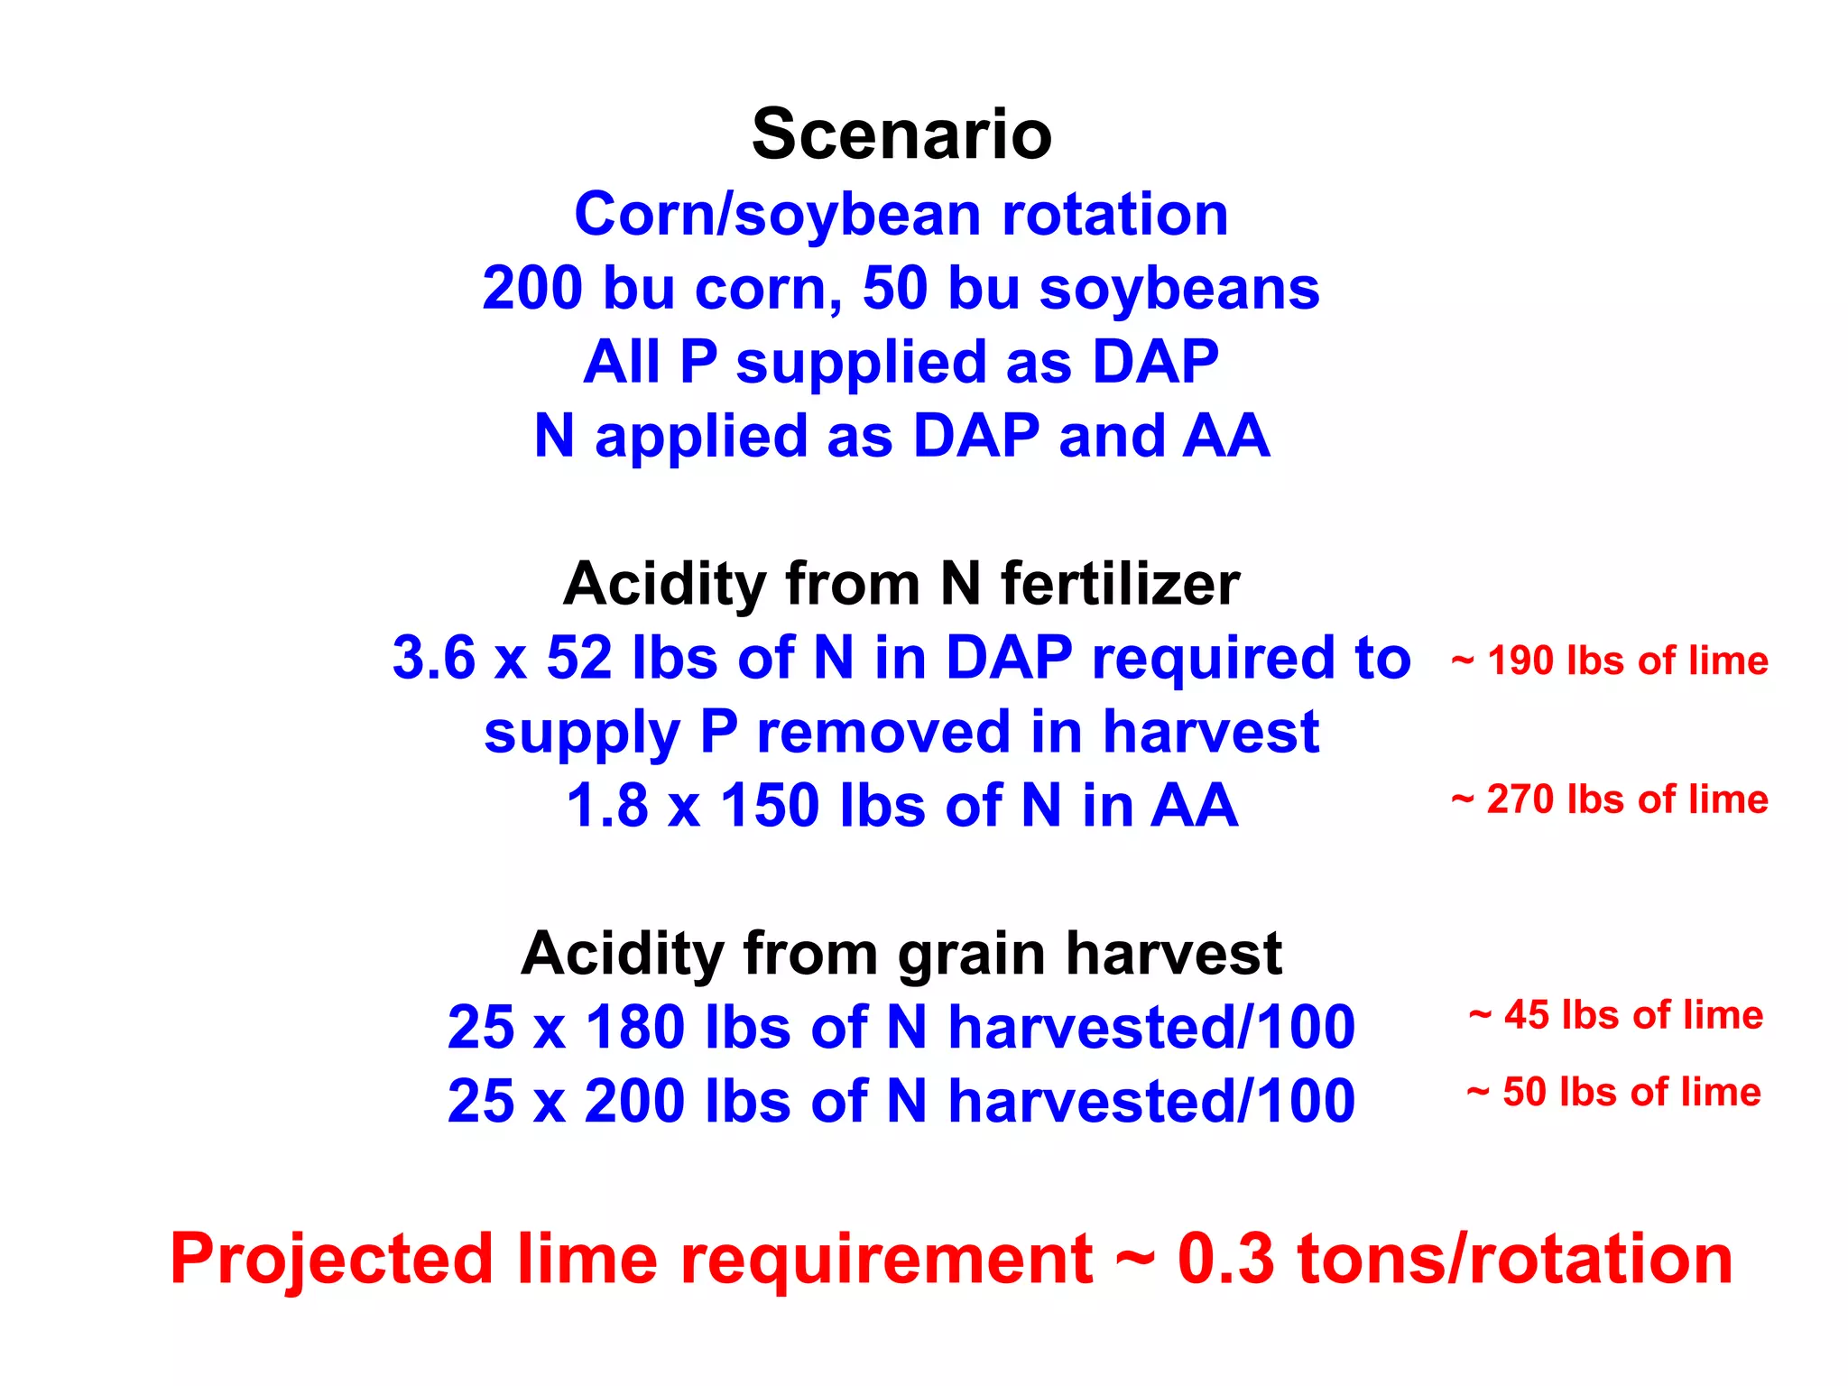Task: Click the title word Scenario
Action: (901, 134)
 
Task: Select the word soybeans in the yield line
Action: (1179, 290)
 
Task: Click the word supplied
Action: (860, 363)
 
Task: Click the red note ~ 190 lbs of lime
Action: (1609, 661)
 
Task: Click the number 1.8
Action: (607, 805)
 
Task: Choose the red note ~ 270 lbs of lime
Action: (1609, 799)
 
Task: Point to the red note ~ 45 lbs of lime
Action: (1615, 1015)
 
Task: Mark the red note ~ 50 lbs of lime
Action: (1613, 1092)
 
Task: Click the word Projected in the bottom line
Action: (332, 1260)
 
